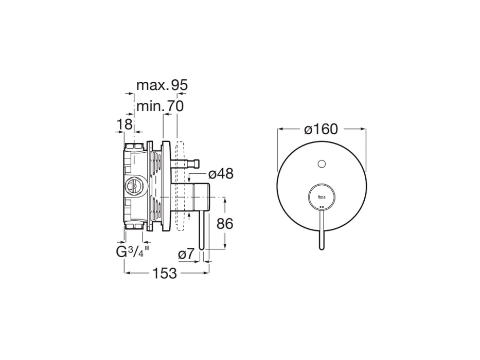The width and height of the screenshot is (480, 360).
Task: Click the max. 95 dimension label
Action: click(162, 85)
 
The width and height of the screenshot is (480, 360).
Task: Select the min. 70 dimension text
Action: click(160, 106)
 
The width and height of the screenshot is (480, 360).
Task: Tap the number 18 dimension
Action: click(125, 124)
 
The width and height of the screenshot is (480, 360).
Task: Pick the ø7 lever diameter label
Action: click(186, 254)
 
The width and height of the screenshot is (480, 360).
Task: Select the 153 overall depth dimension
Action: click(165, 273)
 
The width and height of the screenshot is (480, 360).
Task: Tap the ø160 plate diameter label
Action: click(321, 129)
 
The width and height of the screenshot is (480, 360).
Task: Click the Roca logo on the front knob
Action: click(322, 196)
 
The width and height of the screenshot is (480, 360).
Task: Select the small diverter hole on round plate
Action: click(322, 164)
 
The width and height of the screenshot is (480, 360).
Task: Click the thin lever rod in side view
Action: click(202, 226)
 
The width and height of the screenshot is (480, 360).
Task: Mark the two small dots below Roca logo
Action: click(322, 207)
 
